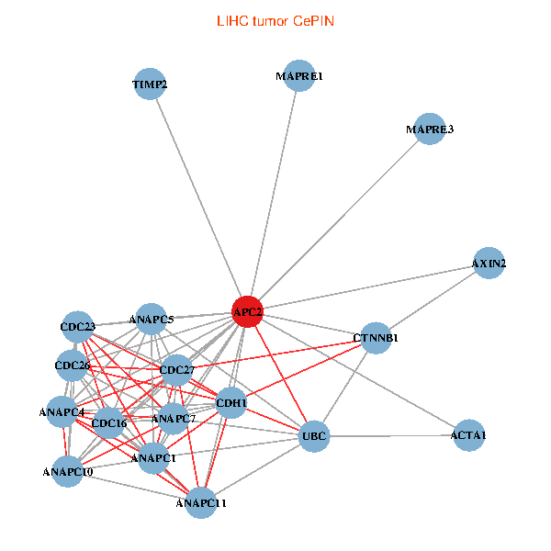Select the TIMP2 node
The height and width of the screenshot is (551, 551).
(x=150, y=84)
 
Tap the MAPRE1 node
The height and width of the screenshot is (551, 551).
(x=299, y=76)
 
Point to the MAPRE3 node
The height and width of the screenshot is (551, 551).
(x=430, y=129)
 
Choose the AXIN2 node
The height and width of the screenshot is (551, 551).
(x=489, y=264)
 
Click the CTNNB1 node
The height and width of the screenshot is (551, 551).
(x=376, y=338)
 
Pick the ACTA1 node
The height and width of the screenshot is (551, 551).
(x=468, y=434)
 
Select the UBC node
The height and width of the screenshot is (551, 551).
(x=314, y=435)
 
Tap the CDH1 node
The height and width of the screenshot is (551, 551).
(x=231, y=402)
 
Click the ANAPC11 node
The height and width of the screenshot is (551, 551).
(x=201, y=502)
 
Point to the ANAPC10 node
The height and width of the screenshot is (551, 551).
(x=68, y=472)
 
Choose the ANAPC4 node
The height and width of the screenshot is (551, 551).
(x=62, y=411)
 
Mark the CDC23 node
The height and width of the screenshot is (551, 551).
(x=78, y=326)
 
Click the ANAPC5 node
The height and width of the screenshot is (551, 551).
(x=152, y=320)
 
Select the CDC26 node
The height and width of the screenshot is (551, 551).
(x=72, y=365)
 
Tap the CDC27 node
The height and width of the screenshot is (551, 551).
(x=177, y=370)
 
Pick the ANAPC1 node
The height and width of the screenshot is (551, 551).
(x=154, y=457)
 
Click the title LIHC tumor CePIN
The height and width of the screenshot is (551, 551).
(x=275, y=20)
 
